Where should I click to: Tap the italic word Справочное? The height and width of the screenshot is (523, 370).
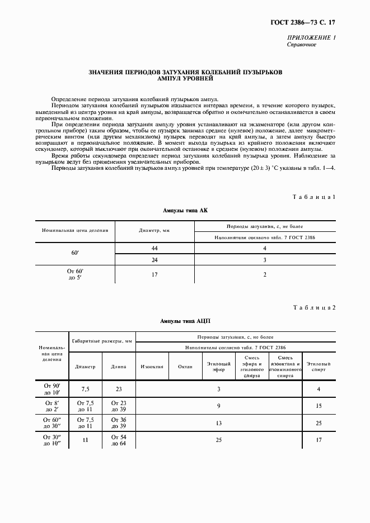(302, 45)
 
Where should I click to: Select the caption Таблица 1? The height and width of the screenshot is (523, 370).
(315, 197)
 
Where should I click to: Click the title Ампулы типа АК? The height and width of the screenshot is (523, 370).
(185, 210)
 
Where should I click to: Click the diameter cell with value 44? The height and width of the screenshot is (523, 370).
(154, 248)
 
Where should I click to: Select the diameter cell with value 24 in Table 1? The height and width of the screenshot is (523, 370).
(154, 260)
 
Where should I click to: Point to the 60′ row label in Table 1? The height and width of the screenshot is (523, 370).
(75, 254)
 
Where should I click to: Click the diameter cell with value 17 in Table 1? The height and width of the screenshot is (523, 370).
(154, 274)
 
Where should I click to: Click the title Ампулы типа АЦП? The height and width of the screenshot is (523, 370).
(185, 321)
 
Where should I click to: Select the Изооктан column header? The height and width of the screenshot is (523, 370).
(152, 367)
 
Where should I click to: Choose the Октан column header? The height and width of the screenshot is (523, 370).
(185, 367)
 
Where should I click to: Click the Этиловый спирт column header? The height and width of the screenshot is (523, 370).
(319, 367)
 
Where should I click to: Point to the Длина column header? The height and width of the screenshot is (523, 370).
(118, 367)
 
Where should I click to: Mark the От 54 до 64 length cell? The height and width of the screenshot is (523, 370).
(118, 440)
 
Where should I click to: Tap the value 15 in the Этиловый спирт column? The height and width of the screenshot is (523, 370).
(319, 406)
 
